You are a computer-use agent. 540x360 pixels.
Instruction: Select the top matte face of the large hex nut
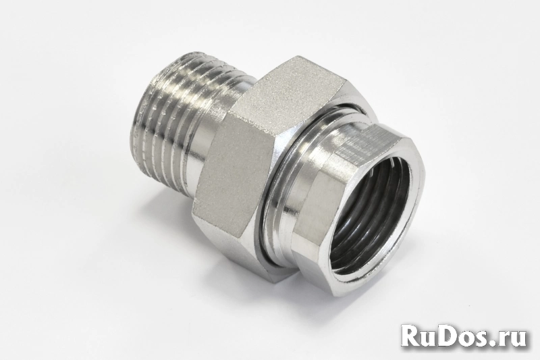tap(296, 79)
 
